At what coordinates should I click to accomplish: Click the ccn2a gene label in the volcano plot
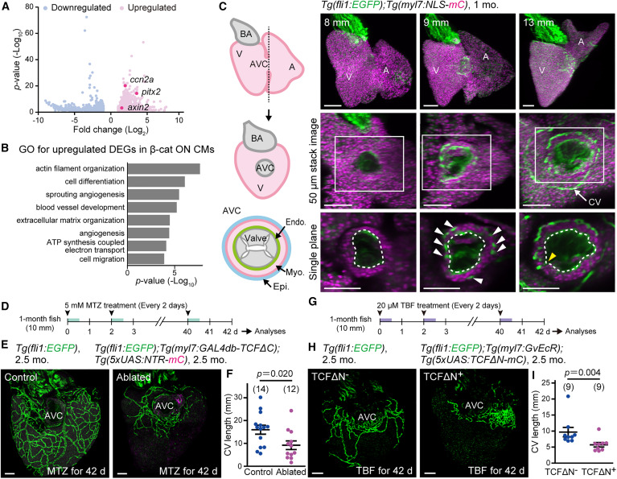(x=142, y=78)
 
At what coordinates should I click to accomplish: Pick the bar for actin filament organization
(x=164, y=168)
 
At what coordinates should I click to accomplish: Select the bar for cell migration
(x=146, y=258)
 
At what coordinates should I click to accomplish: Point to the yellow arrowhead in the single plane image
(x=551, y=257)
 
